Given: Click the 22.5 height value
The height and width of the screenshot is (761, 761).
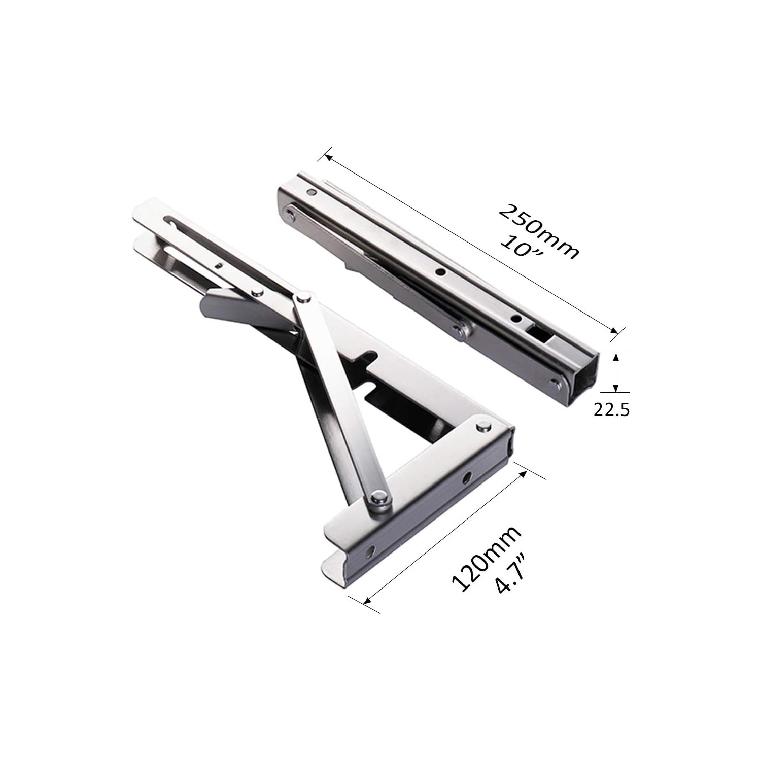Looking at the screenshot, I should tap(611, 409).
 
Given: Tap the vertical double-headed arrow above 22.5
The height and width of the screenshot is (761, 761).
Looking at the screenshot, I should tap(615, 372).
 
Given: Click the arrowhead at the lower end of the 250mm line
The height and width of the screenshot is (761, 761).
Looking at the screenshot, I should tap(614, 330).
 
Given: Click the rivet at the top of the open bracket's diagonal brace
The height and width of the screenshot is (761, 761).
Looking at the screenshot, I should tap(304, 296).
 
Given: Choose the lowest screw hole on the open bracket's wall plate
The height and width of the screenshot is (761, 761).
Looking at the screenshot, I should tap(373, 549).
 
